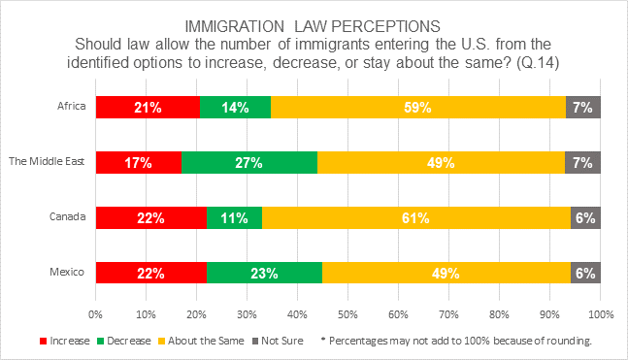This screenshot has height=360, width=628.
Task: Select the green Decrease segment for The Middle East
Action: [x=248, y=163]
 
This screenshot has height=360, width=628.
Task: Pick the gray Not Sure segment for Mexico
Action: [x=585, y=274]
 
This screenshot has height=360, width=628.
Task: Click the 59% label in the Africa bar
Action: [x=418, y=108]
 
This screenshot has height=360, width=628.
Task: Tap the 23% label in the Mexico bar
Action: [x=264, y=274]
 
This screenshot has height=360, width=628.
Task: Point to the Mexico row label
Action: [x=69, y=274]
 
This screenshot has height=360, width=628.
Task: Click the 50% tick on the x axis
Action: [x=347, y=314]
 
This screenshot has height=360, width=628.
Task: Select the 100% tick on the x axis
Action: [x=599, y=314]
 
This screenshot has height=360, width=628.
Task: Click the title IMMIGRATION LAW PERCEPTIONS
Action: [x=314, y=22]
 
